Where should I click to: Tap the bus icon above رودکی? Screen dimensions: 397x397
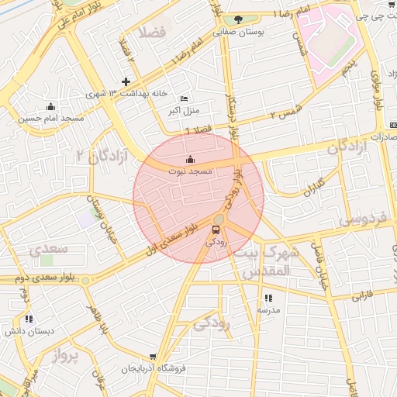click(x=216, y=230)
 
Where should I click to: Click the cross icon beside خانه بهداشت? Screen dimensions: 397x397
click(x=126, y=81)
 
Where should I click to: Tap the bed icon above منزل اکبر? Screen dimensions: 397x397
click(x=184, y=98)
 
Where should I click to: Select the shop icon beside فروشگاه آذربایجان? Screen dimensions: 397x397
click(x=195, y=368)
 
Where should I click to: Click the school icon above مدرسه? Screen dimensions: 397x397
click(x=268, y=298)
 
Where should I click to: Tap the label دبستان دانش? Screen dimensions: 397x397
click(x=30, y=331)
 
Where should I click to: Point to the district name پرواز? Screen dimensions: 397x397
click(x=67, y=356)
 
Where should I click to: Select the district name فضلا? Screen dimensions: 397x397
click(x=153, y=33)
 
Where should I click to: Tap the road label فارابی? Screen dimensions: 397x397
click(x=362, y=296)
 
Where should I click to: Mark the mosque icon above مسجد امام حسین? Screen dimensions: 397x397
click(x=51, y=106)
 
